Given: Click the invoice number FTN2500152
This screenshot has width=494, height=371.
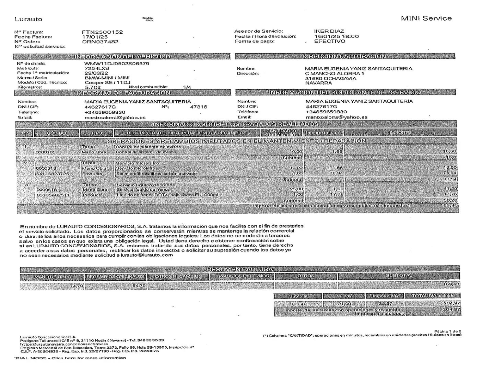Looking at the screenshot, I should (x=102, y=32).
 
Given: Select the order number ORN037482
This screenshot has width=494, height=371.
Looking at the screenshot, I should (x=100, y=42).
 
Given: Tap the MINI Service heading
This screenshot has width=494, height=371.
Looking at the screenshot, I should (x=426, y=18).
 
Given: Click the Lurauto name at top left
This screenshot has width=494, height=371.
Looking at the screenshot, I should (x=28, y=19).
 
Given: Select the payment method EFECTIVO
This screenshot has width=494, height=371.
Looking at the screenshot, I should (x=330, y=41).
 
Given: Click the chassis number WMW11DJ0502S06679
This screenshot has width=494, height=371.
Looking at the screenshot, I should (x=117, y=64).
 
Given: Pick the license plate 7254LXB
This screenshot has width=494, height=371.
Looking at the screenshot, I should (x=97, y=68).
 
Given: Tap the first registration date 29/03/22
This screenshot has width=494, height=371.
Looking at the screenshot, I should (x=96, y=73).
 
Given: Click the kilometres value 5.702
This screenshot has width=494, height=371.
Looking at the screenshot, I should (x=93, y=87).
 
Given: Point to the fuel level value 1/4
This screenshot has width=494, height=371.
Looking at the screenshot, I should (x=187, y=87).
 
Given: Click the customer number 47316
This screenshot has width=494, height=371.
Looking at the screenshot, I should (x=199, y=107).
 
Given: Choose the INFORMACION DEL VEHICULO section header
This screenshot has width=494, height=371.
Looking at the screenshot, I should (x=122, y=56).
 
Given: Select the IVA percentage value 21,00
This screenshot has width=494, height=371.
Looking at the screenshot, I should (x=344, y=304).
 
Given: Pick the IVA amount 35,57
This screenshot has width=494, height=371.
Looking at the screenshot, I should (x=386, y=304).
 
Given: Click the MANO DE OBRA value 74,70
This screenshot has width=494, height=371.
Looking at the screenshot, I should (x=76, y=285).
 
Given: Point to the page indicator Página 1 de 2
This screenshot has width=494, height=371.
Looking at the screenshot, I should (x=447, y=331).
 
